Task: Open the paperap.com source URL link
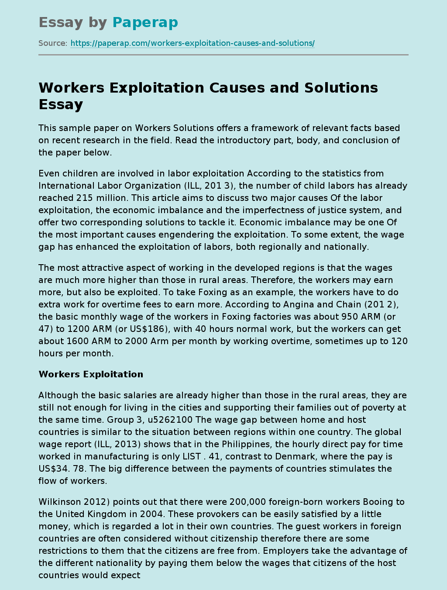point(193,43)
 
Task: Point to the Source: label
point(53,43)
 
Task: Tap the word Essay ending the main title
point(61,104)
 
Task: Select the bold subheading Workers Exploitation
point(91,374)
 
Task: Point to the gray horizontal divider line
point(223,55)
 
